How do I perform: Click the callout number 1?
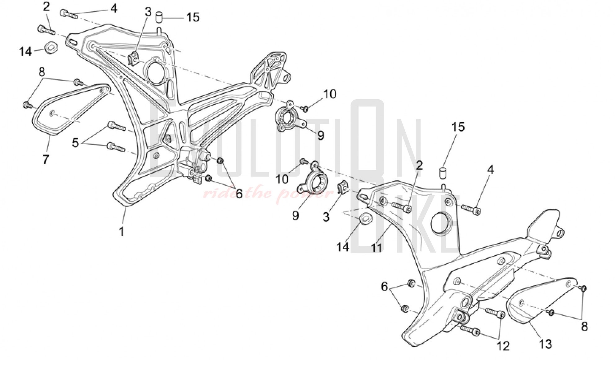click(x=122, y=231)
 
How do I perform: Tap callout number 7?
click(x=46, y=159)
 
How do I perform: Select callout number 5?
click(x=75, y=143)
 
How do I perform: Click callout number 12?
click(x=503, y=346)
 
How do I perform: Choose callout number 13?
click(x=545, y=344)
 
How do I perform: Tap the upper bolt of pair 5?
click(x=116, y=126)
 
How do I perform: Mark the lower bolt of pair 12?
click(x=470, y=331)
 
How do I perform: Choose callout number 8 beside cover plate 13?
click(x=584, y=326)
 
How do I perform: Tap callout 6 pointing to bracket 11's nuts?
click(x=384, y=287)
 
